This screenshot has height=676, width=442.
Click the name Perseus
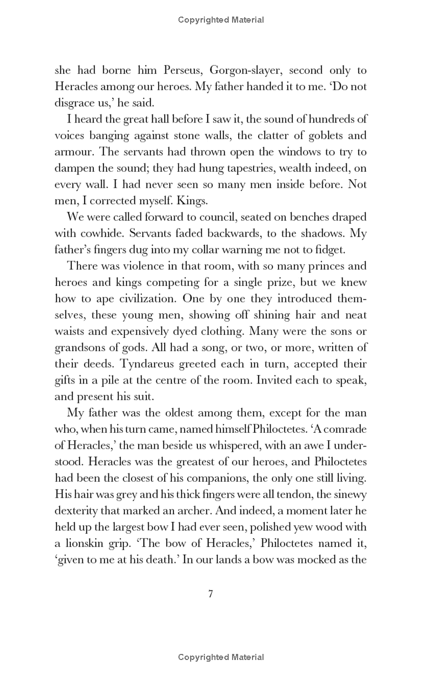[x=183, y=71]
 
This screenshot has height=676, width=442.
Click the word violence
[x=146, y=266]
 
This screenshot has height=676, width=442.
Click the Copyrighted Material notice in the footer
[x=221, y=657]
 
